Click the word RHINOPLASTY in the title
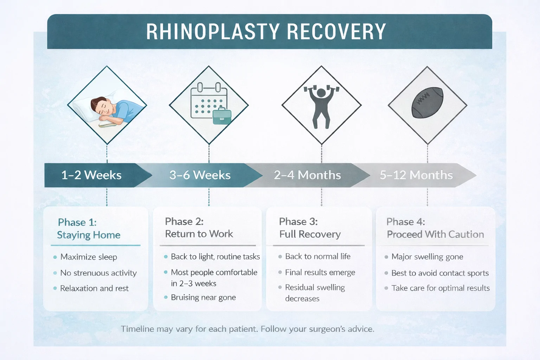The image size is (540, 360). coord(213,32)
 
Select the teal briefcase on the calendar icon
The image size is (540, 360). coord(222,116)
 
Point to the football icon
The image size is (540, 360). coord(427,103)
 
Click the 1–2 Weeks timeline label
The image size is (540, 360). coord(91,175)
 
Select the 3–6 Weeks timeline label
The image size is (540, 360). coord(200,175)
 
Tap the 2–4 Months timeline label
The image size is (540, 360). coord(307,175)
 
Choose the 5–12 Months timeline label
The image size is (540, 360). coord(416,175)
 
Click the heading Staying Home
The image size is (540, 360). coord(89,235)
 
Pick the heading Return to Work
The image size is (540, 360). coord(199,234)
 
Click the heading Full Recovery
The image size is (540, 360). coord(310,234)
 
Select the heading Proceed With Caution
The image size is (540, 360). coord(435,234)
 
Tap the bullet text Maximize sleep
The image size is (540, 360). coord(89,257)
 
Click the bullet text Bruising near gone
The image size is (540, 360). coord(203,297)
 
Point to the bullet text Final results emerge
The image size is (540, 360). coord(320,272)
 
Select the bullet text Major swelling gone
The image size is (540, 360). coord(427,257)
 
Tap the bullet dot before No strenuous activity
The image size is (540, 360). coord(55,273)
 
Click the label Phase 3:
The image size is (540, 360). coord(298,221)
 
